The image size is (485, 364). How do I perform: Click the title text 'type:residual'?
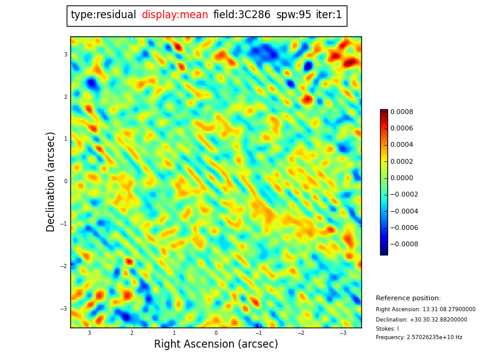click(x=103, y=15)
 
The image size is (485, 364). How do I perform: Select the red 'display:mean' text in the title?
click(x=175, y=15)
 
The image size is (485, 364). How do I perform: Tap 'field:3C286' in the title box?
click(x=242, y=15)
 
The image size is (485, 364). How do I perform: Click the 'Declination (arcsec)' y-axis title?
click(x=51, y=181)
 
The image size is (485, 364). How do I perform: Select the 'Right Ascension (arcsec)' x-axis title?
click(x=216, y=344)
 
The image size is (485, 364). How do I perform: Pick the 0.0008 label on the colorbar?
click(x=401, y=112)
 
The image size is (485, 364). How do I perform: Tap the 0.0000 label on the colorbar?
click(x=401, y=178)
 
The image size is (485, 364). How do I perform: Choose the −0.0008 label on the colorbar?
click(x=404, y=244)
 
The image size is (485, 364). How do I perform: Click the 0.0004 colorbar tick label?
click(x=401, y=145)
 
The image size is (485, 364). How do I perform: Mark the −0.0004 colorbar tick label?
click(x=404, y=212)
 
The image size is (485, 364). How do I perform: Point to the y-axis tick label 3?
click(x=65, y=55)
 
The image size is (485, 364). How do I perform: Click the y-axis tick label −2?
click(x=64, y=266)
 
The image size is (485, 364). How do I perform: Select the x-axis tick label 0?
click(x=216, y=333)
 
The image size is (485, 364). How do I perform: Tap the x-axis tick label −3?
click(x=343, y=333)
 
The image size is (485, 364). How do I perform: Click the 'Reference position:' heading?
click(x=408, y=298)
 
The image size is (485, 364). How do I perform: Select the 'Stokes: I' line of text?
click(x=387, y=329)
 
